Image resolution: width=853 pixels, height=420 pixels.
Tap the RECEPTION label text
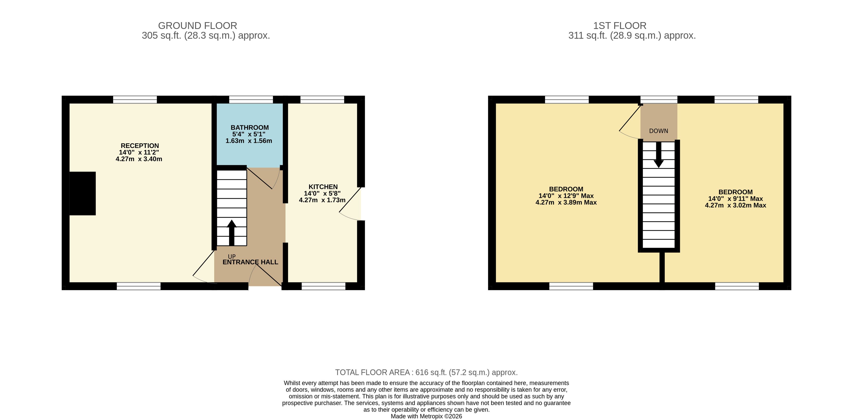(x=140, y=146)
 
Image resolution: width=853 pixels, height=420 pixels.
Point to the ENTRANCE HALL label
(x=250, y=262)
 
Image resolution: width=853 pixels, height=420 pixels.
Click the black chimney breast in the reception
(x=82, y=193)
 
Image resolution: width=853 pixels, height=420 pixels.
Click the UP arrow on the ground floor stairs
(x=232, y=233)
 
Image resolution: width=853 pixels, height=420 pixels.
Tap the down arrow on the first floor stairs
(x=659, y=155)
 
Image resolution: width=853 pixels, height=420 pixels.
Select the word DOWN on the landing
(x=659, y=131)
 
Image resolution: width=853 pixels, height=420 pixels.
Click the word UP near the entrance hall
(x=232, y=257)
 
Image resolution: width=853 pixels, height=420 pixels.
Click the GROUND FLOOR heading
(x=198, y=26)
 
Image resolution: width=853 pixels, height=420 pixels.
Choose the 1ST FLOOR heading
(x=620, y=26)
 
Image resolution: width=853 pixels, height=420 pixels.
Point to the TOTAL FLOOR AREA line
(x=426, y=372)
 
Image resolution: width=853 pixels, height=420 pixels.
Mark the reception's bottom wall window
(x=139, y=286)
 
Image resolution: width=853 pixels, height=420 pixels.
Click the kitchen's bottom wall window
(x=323, y=286)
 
